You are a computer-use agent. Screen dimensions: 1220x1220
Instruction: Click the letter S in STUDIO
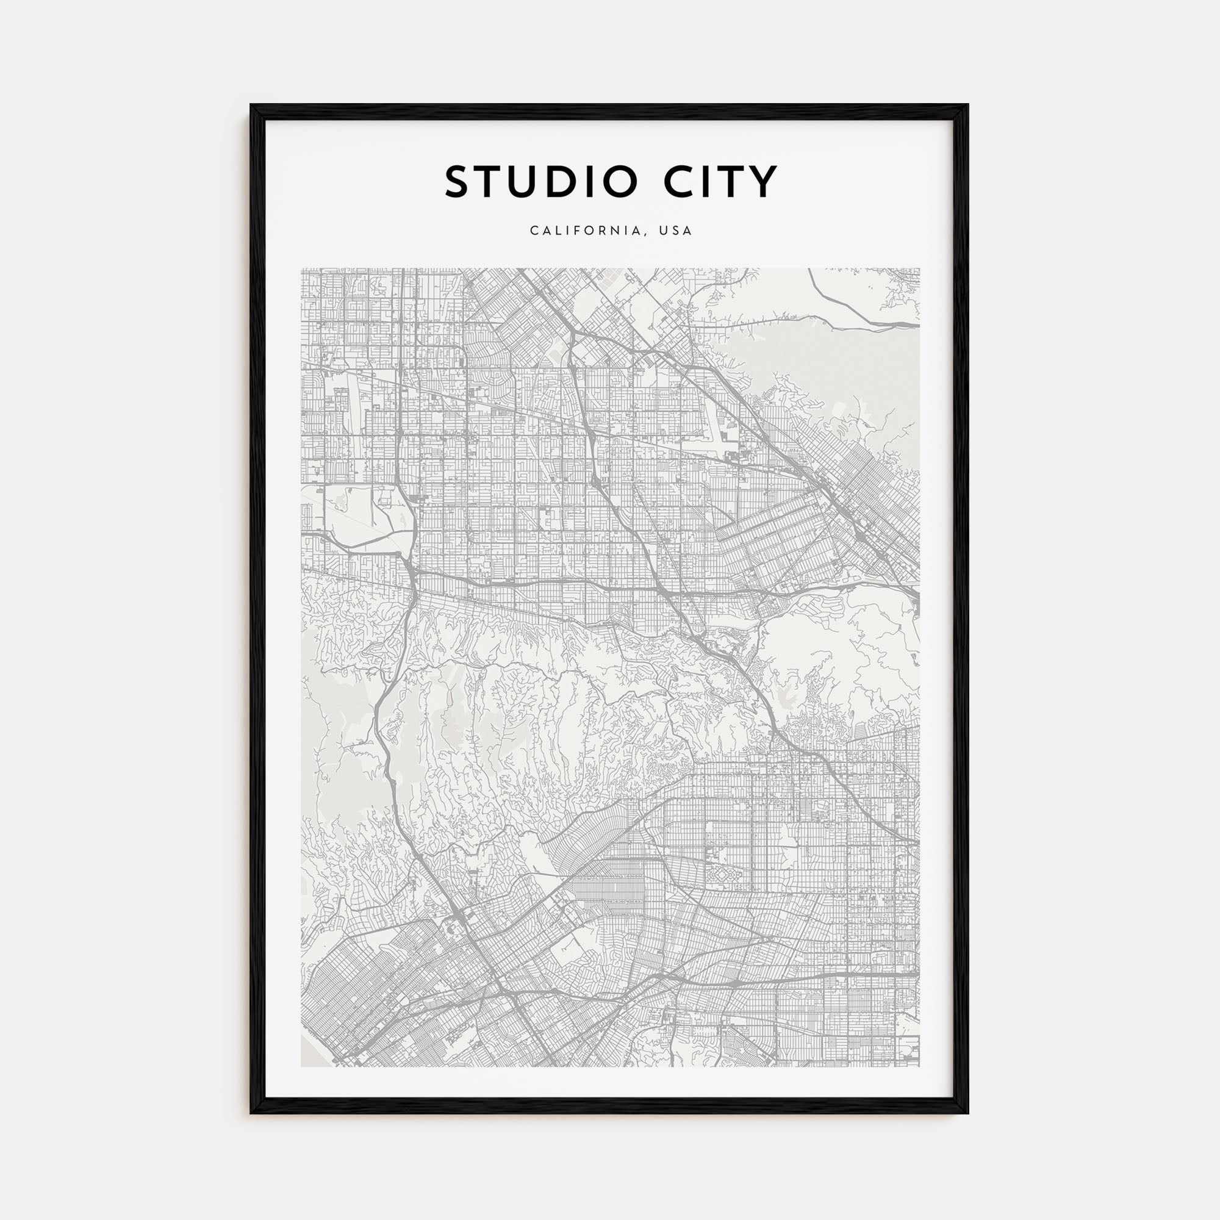[459, 182]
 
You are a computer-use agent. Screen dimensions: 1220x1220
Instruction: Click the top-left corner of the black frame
[251, 105]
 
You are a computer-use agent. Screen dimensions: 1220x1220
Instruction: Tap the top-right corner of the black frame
[968, 105]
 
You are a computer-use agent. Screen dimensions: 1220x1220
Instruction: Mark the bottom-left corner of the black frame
[251, 1113]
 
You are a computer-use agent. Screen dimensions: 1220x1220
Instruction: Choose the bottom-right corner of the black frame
[968, 1113]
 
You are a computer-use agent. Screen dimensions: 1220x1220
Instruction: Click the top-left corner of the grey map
[302, 268]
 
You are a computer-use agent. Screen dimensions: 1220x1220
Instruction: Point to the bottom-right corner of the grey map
[919, 1067]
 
